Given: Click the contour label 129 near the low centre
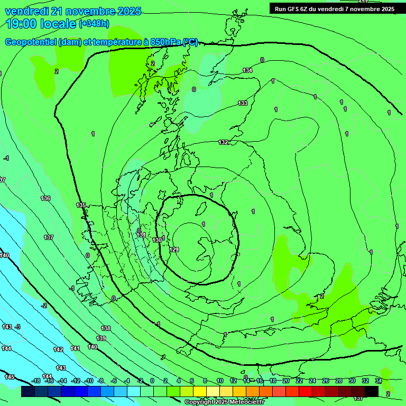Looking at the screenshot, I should pyautogui.click(x=174, y=250).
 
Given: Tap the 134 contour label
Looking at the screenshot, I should pyautogui.click(x=247, y=70).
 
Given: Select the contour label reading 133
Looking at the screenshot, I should pyautogui.click(x=243, y=103).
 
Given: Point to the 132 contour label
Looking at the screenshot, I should pyautogui.click(x=224, y=142).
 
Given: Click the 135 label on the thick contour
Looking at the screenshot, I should pyautogui.click(x=81, y=205).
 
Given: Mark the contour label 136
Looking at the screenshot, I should pyautogui.click(x=45, y=198).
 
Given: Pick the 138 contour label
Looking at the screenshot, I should pyautogui.click(x=106, y=328).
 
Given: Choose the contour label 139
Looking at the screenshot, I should pyautogui.click(x=101, y=338).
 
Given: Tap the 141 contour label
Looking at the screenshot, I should pyautogui.click(x=75, y=348).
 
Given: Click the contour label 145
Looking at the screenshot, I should pyautogui.click(x=10, y=377).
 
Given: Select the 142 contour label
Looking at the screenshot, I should pyautogui.click(x=58, y=349).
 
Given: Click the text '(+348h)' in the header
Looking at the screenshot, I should pyautogui.click(x=94, y=23).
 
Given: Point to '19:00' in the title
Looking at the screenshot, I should pyautogui.click(x=21, y=24).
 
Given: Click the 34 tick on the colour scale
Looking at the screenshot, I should pyautogui.click(x=379, y=381).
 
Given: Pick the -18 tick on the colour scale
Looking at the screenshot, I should pyautogui.click(x=36, y=381).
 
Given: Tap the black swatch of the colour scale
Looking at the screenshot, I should pyautogui.click(x=372, y=391).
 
